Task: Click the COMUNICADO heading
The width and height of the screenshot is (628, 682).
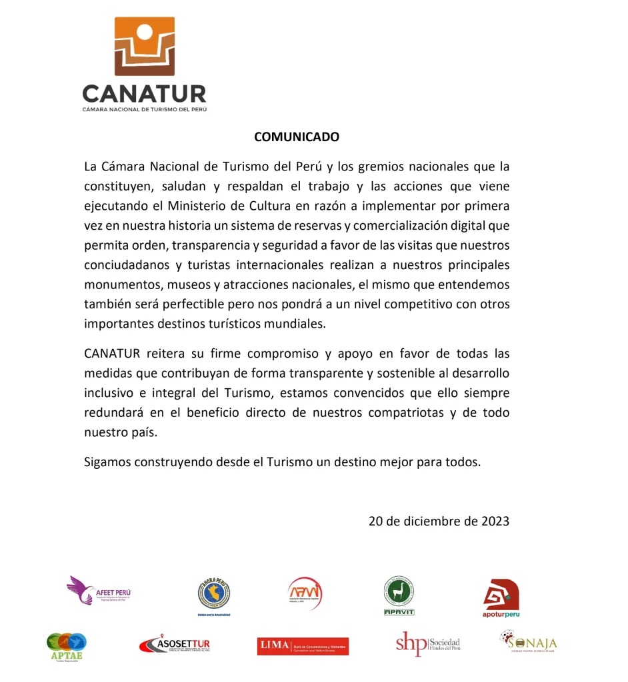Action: pos(297,137)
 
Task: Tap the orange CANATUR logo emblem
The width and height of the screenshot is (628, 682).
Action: pos(145,46)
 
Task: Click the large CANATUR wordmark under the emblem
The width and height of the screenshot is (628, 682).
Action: pos(144,93)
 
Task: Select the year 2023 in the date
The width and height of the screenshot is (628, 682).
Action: pos(495,521)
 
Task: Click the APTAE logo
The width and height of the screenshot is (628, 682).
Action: pos(67,645)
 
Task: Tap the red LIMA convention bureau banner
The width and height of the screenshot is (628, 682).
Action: pos(303,645)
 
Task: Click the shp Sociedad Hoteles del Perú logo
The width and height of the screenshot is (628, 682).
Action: pos(427,643)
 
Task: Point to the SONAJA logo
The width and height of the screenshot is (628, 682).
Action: pos(529,643)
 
